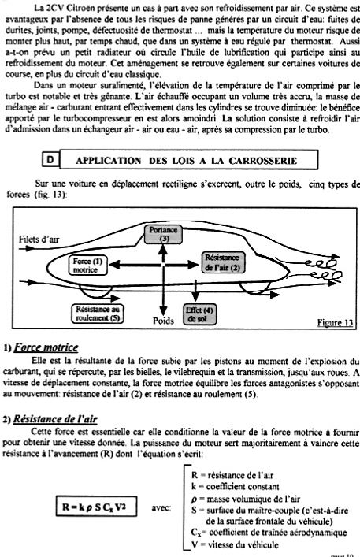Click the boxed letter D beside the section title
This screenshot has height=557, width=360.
click(x=50, y=160)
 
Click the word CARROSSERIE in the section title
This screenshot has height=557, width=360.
click(x=262, y=161)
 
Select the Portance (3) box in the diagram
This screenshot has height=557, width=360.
click(x=164, y=234)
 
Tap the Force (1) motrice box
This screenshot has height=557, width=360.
click(x=87, y=266)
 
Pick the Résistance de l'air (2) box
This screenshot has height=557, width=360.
click(x=222, y=262)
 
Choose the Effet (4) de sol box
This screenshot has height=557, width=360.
click(x=199, y=314)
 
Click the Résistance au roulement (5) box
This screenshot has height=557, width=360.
click(x=98, y=314)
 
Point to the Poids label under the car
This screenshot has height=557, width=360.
click(x=163, y=321)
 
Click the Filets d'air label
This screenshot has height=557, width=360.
click(x=39, y=239)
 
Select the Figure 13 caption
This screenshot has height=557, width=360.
click(x=335, y=322)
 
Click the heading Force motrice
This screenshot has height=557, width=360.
click(x=46, y=347)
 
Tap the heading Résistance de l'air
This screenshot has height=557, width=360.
click(x=55, y=419)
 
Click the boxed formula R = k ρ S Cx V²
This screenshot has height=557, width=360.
click(x=97, y=507)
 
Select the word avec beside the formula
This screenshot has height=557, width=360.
click(x=161, y=507)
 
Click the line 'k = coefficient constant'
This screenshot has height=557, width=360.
click(x=235, y=486)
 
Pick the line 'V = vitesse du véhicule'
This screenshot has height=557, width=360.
click(x=235, y=544)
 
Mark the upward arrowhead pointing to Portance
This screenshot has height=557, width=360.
click(x=162, y=250)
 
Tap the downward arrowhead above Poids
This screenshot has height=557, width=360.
click(x=163, y=310)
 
